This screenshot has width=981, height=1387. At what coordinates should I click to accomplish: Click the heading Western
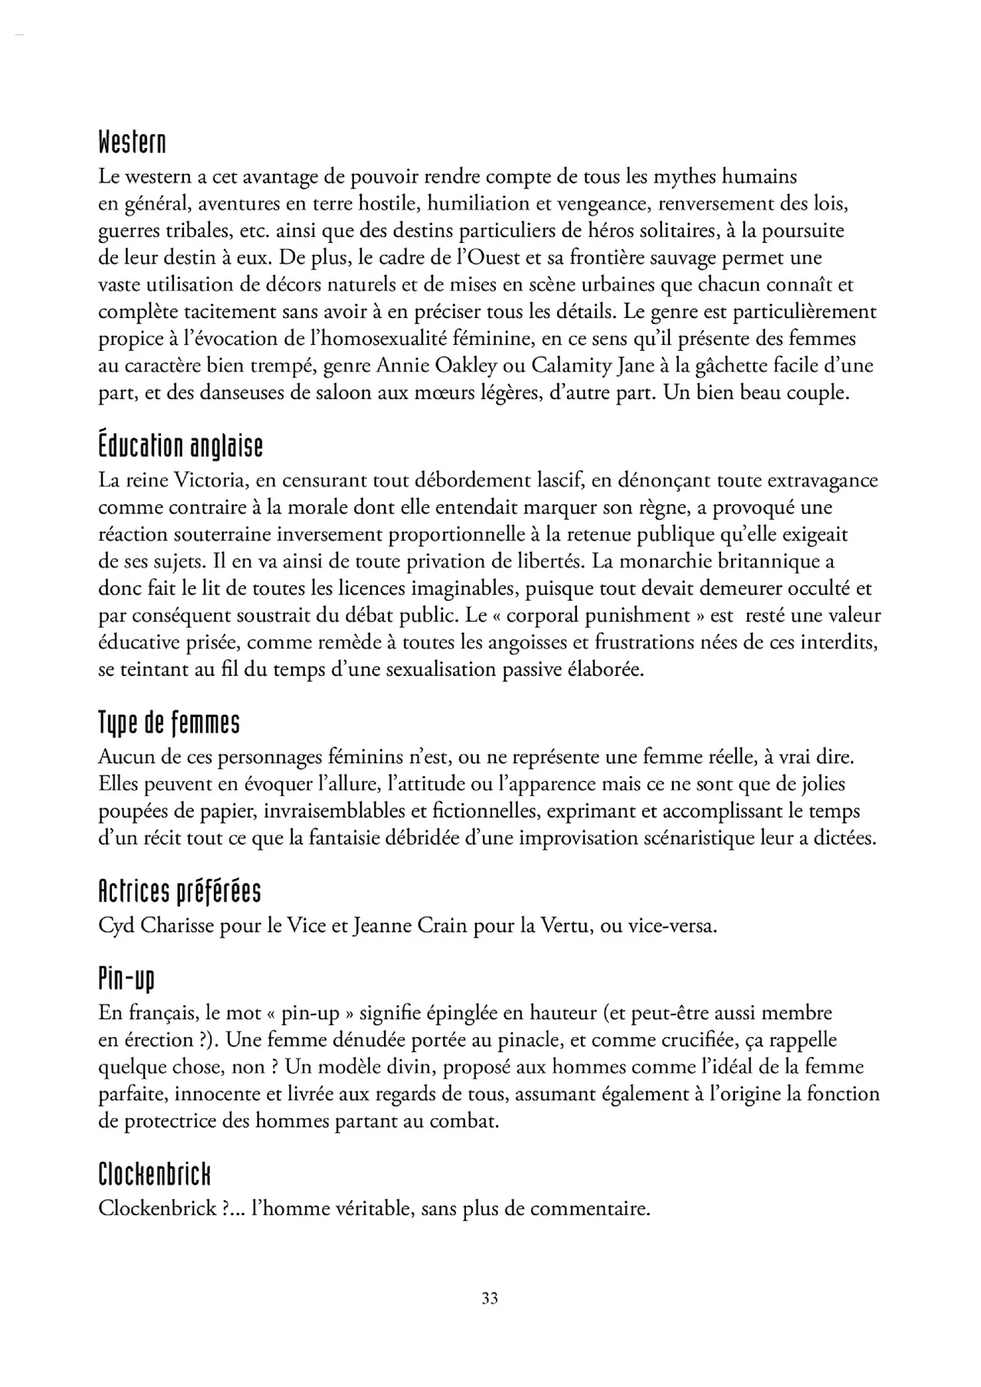[132, 142]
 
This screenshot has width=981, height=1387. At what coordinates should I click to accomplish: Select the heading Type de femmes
[169, 722]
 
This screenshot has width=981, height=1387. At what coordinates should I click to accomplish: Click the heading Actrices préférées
[179, 891]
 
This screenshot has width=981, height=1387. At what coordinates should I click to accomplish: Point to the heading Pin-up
[126, 979]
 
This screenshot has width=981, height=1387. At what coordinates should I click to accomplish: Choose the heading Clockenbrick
[154, 1174]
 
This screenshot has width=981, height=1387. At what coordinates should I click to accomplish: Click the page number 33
[490, 1297]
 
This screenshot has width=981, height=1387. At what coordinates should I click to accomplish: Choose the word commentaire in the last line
[590, 1209]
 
